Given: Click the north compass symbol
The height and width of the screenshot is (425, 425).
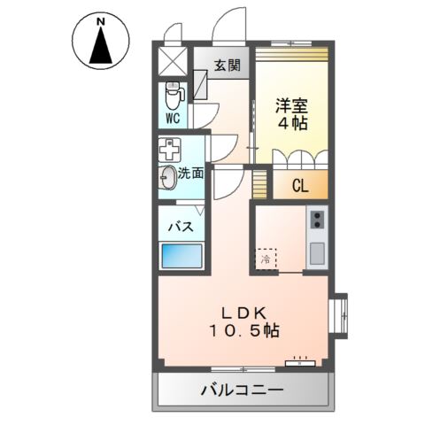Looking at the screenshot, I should pos(101,42).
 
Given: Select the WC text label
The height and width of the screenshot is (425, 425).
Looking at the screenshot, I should pos(173,118).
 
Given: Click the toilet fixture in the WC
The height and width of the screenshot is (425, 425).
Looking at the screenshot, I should pos(173,94).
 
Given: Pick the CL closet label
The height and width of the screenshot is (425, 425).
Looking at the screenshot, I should pos(299,186).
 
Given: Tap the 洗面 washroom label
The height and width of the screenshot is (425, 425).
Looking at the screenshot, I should pos(190,174).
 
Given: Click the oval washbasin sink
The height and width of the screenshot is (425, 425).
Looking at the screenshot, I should pos(168,176).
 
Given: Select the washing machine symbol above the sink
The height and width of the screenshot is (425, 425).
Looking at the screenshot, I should pos(168,148).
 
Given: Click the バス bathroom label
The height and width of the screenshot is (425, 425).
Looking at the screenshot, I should pos(182,226).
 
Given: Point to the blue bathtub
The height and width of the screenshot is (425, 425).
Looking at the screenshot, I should pos(183,258).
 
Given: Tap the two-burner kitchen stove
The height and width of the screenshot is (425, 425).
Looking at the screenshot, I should pos(316,219).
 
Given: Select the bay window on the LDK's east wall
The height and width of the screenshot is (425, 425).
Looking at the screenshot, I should pos(341,313).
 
